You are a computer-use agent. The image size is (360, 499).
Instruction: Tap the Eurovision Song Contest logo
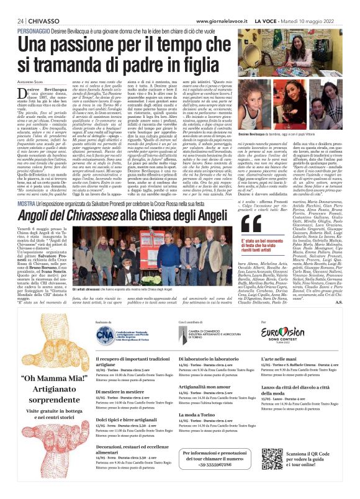[x=291, y=350]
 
